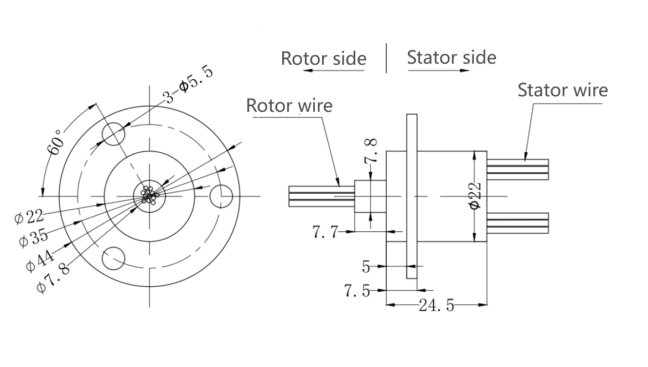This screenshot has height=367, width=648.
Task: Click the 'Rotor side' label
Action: [x=323, y=58]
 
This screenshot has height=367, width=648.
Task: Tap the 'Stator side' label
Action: [x=452, y=57]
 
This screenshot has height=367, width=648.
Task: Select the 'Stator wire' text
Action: [x=562, y=90]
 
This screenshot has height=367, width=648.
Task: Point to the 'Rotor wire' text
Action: [x=289, y=105]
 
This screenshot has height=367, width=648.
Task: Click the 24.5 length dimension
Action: [x=436, y=305]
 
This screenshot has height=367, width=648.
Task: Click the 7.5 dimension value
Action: [x=357, y=290]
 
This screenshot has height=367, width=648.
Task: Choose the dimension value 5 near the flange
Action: [x=366, y=267]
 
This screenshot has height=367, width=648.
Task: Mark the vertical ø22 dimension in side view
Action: [x=475, y=196]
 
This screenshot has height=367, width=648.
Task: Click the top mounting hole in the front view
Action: [x=114, y=135]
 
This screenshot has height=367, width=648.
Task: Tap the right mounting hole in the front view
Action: [x=222, y=195]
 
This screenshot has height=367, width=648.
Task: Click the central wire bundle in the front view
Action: [x=149, y=195]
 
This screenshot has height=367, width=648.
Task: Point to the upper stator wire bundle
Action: [x=517, y=169]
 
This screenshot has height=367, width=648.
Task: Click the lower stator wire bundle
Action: [x=517, y=223]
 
